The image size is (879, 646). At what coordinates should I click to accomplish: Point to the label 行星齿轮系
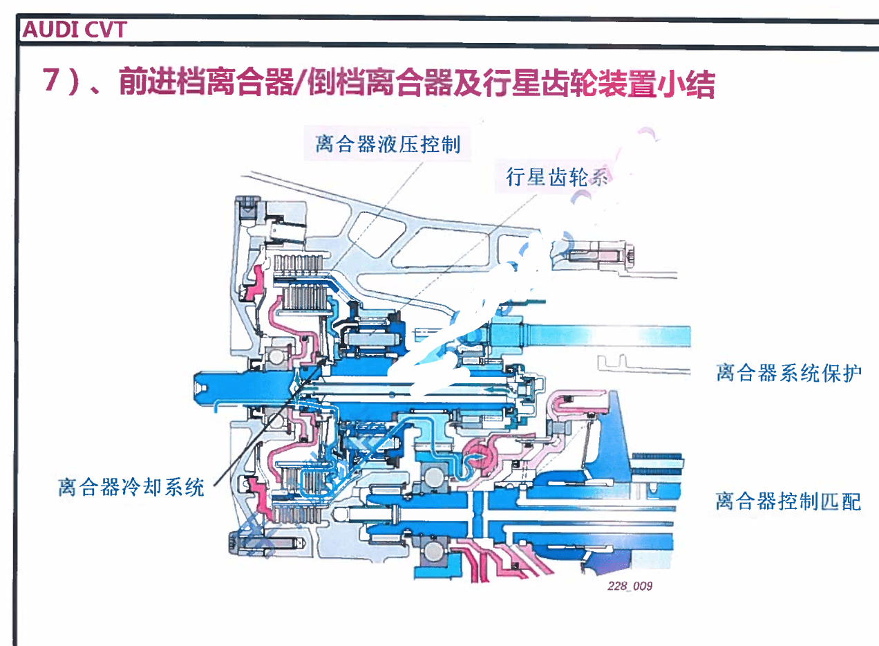tap(557, 178)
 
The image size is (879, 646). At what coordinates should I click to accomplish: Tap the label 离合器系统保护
tap(788, 373)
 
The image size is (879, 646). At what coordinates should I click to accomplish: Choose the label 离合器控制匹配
tap(788, 500)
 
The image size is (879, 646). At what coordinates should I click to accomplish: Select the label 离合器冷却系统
tap(131, 487)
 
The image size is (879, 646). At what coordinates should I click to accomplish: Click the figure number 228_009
tap(629, 586)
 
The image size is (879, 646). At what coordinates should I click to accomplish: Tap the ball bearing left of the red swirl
tap(434, 478)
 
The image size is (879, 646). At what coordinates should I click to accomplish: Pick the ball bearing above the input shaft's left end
tap(278, 356)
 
